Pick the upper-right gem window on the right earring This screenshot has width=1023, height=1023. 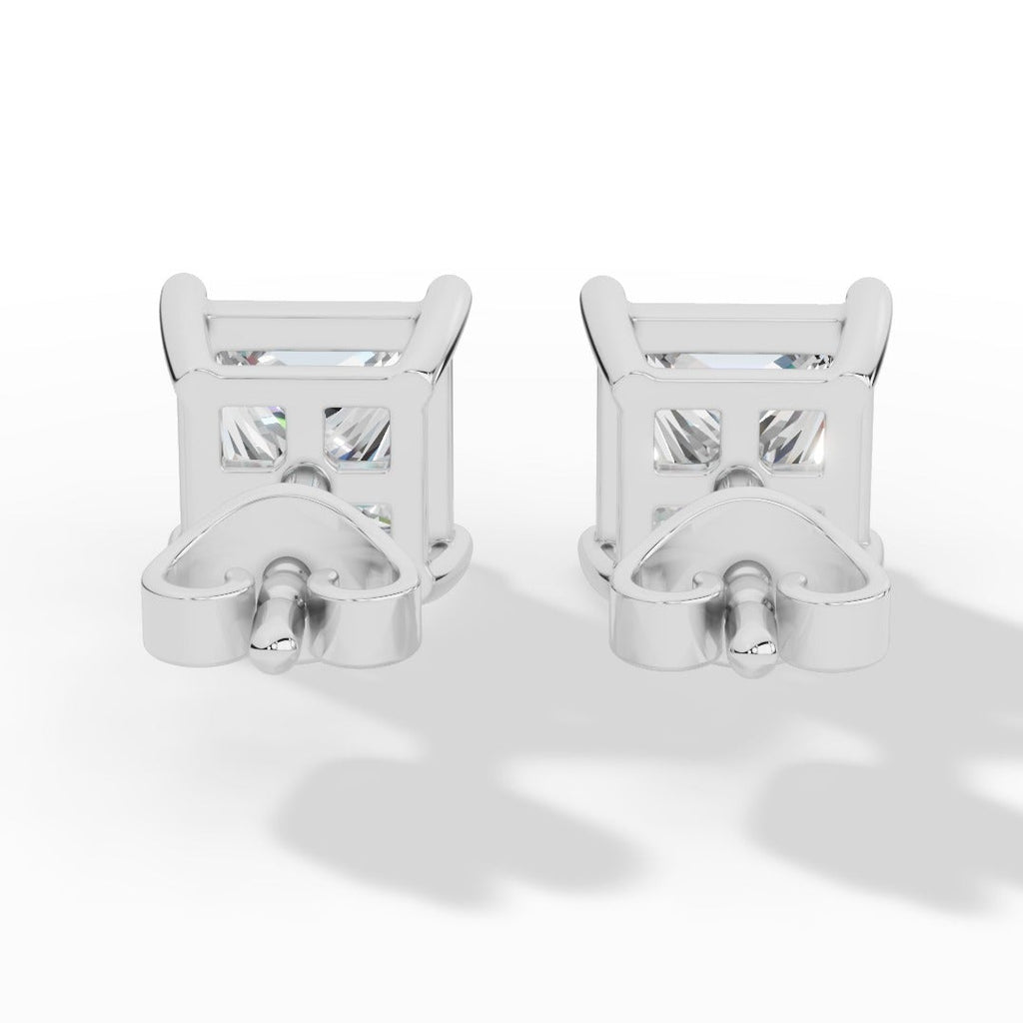point(794,437)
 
